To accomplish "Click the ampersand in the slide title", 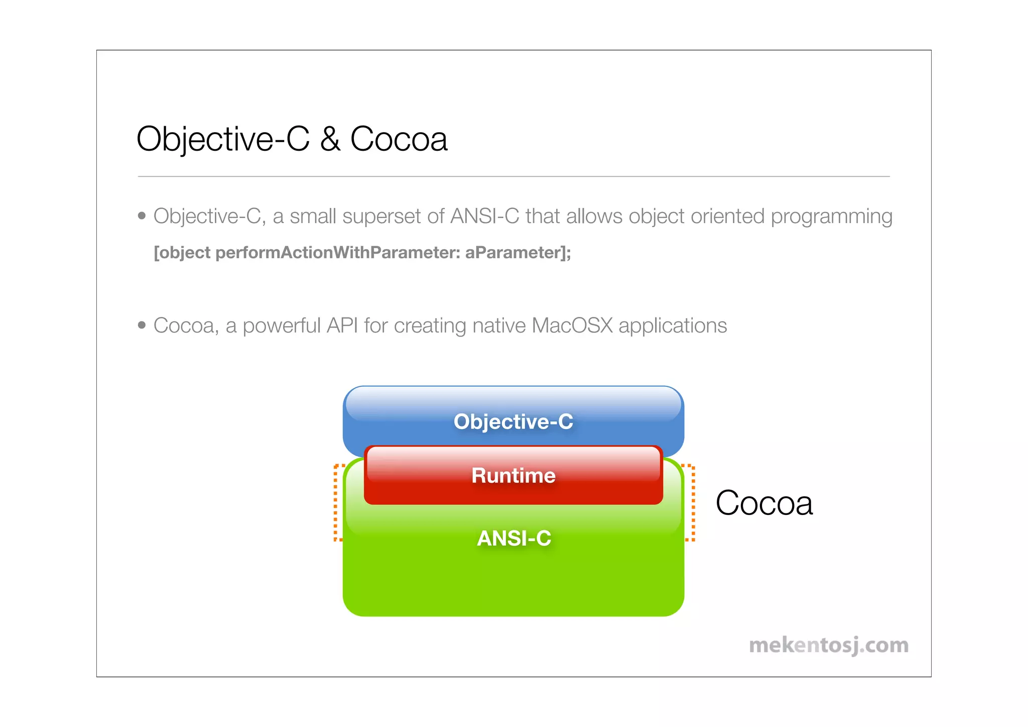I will (x=330, y=139).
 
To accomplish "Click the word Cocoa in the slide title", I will (x=399, y=139).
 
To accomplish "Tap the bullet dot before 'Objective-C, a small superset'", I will (x=142, y=216).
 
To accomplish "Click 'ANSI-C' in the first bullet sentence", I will (x=484, y=216).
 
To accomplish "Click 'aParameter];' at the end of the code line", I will (x=518, y=252).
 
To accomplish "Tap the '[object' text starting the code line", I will (x=182, y=252).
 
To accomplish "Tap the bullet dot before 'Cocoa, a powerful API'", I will (x=142, y=326).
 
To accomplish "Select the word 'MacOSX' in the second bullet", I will (x=572, y=326).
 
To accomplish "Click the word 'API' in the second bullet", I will (x=342, y=326).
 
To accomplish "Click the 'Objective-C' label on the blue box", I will (x=513, y=422).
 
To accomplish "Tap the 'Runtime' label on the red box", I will (x=513, y=476).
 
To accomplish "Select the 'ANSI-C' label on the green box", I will (x=513, y=538).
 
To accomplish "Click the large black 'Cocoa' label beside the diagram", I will (x=763, y=503).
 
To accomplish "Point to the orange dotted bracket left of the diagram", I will (x=336, y=502).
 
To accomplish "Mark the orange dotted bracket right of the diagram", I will (x=693, y=502).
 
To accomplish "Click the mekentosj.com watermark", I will (x=828, y=646).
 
